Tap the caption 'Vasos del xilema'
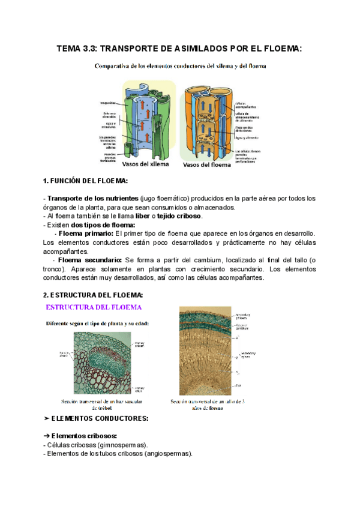coord(145,164)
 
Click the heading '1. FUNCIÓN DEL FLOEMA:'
coord(85,181)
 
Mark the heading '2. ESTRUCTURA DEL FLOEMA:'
coord(93,295)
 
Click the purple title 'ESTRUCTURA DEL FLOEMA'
coord(94,307)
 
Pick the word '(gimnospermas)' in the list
coord(119,445)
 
